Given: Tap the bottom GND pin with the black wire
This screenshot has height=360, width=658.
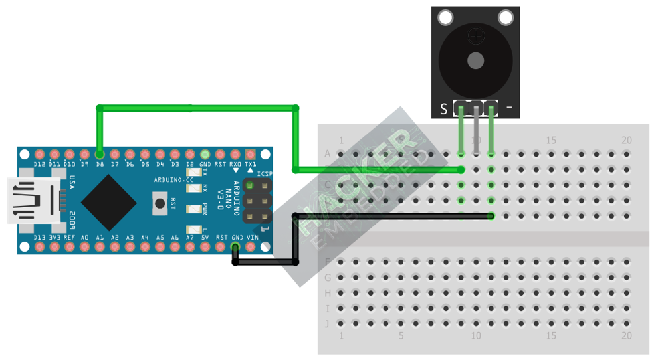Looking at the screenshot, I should point(235,248).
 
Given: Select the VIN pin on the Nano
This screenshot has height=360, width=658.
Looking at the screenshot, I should point(251,248).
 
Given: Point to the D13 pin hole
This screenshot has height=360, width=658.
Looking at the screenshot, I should point(39,248).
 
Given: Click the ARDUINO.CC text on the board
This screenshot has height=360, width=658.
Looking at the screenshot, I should point(173,179).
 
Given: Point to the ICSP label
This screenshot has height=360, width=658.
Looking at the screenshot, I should point(265,175).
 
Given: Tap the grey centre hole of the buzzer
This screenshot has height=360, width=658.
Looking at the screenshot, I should point(475,61).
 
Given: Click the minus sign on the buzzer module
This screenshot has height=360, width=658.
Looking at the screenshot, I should point(509,107).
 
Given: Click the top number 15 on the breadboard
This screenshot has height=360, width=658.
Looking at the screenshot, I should point(551,141).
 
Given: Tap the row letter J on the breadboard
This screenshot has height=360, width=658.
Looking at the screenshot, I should point(327,324).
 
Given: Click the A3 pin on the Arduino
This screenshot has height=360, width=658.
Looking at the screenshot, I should point(130,248).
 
